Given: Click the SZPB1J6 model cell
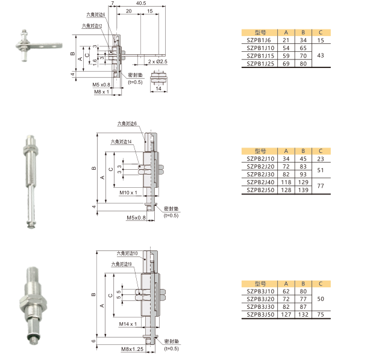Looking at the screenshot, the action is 259,40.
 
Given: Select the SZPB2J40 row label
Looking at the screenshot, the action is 260,182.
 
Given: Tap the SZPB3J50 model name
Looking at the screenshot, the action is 260,315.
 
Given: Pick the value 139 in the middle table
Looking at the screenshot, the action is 303,190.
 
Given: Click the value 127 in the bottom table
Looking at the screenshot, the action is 286,315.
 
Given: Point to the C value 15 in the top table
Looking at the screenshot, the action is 321,40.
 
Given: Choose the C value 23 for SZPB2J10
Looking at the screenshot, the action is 321,159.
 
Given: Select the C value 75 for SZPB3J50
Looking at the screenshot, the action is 321,315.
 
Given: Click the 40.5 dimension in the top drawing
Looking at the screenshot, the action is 141,3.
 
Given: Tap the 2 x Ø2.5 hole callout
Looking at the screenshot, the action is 157,61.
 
